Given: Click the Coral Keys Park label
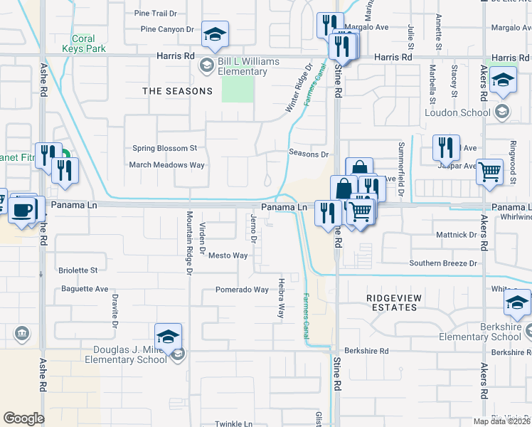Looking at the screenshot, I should pyautogui.click(x=89, y=43).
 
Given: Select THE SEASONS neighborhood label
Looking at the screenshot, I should pyautogui.click(x=177, y=91).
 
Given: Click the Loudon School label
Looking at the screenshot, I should pyautogui.click(x=457, y=112).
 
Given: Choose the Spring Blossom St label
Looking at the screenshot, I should pyautogui.click(x=164, y=148).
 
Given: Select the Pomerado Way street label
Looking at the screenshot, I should pyautogui.click(x=243, y=290).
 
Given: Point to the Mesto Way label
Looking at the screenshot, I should pyautogui.click(x=228, y=255).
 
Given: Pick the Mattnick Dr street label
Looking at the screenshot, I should pyautogui.click(x=456, y=234).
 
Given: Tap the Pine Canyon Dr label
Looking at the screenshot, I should pyautogui.click(x=167, y=29).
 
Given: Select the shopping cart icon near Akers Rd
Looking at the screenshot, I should pyautogui.click(x=489, y=171).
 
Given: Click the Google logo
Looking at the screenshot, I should pyautogui.click(x=23, y=418).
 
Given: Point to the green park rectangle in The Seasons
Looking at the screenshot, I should pyautogui.click(x=238, y=89).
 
